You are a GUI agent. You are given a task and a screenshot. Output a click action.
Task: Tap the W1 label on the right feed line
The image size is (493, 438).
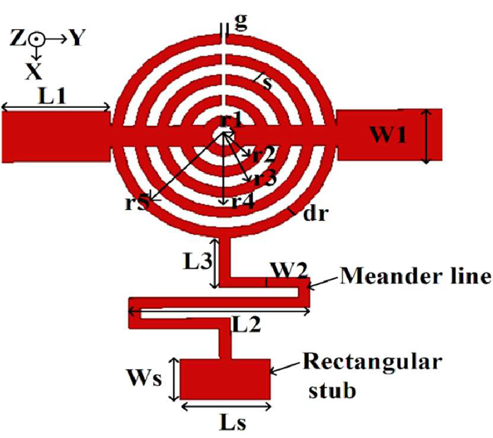[388, 135]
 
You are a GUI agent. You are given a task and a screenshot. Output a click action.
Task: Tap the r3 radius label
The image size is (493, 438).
[265, 178]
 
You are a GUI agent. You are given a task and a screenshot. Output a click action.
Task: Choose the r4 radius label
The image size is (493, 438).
[242, 203]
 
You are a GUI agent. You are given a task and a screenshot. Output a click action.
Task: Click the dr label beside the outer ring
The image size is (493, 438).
[316, 214]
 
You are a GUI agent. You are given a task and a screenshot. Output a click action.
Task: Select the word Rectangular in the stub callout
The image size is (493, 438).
[373, 362]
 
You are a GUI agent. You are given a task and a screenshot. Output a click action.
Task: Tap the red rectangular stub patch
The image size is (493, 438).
[225, 379]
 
